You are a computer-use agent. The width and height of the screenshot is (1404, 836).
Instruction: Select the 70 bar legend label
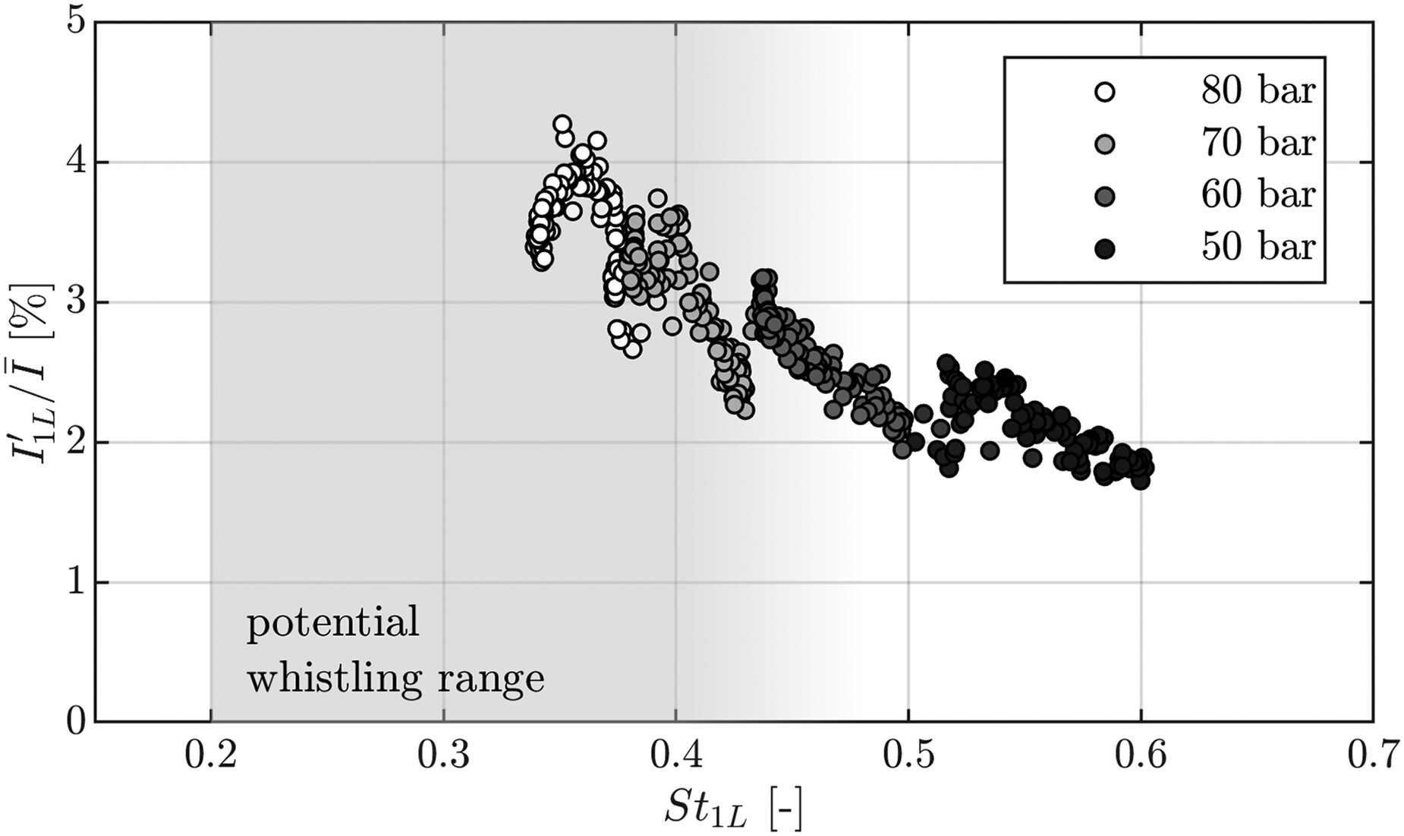1258,144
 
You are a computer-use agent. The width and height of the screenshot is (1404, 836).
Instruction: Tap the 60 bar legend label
1258,195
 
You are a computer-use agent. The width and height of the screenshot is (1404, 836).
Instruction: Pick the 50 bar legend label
1258,248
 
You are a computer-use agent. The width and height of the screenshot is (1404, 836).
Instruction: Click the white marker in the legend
1106,93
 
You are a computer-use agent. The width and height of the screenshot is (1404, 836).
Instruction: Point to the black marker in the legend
1106,248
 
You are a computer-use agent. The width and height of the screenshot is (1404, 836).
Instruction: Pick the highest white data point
562,124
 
